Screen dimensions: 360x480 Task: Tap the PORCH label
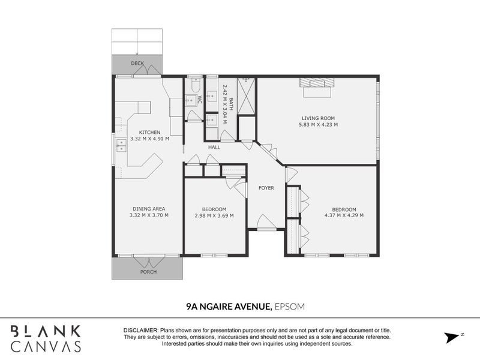pyautogui.click(x=148, y=272)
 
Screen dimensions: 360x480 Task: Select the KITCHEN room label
pyautogui.click(x=149, y=133)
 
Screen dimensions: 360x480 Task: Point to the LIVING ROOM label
pyautogui.click(x=318, y=118)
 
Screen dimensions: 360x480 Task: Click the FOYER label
pyautogui.click(x=266, y=188)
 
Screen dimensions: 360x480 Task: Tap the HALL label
pyautogui.click(x=214, y=147)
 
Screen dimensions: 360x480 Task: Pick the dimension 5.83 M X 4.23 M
pyautogui.click(x=318, y=125)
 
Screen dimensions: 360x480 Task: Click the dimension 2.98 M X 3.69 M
pyautogui.click(x=214, y=216)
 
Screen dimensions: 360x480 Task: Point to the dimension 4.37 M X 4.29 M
pyautogui.click(x=344, y=215)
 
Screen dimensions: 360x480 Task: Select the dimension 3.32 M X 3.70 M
pyautogui.click(x=149, y=216)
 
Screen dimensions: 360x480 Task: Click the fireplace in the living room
pyautogui.click(x=315, y=88)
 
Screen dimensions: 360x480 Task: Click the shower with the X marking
pyautogui.click(x=247, y=95)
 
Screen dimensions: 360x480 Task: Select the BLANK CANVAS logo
pyautogui.click(x=46, y=338)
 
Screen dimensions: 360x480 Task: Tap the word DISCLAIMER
pyautogui.click(x=140, y=331)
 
